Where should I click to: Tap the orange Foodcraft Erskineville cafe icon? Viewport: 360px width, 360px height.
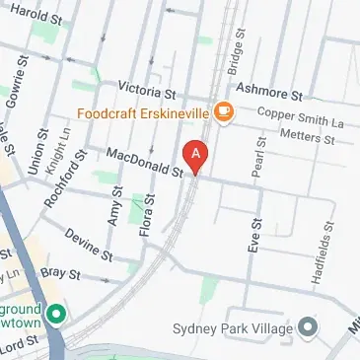click(x=224, y=112)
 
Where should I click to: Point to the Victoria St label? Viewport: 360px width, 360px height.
click(x=146, y=90)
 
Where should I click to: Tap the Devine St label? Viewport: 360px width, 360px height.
click(x=85, y=242)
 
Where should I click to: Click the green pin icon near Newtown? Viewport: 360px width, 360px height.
click(x=56, y=315)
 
